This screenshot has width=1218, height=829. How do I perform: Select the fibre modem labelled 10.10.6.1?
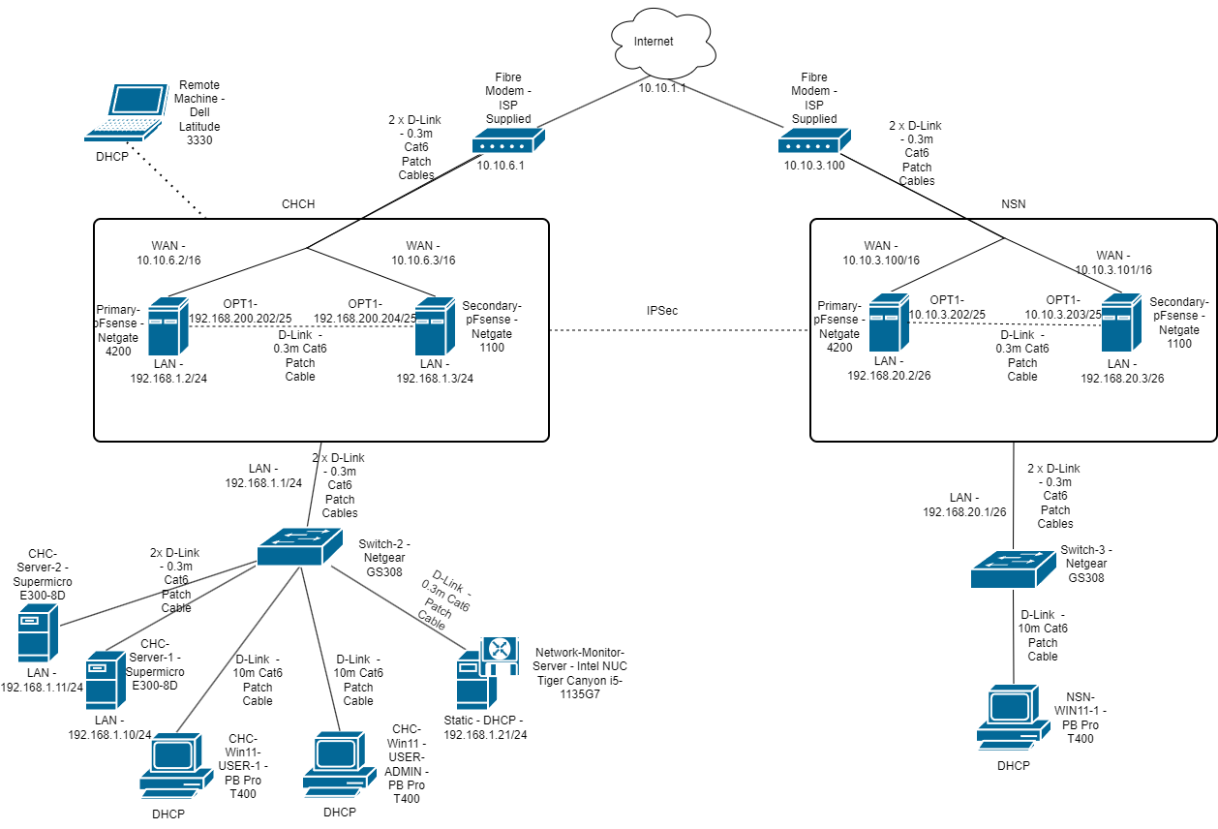pos(502,145)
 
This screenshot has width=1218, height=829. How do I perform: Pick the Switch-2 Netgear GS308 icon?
pos(299,547)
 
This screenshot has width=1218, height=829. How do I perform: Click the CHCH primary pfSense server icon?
pos(168,325)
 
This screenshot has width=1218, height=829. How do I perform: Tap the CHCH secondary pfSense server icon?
pos(435,325)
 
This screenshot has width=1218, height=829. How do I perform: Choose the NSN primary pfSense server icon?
pos(888,322)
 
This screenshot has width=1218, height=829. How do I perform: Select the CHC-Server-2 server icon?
pos(40,633)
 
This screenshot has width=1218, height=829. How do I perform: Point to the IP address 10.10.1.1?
pos(662,87)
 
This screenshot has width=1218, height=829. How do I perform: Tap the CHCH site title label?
pos(298,205)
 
